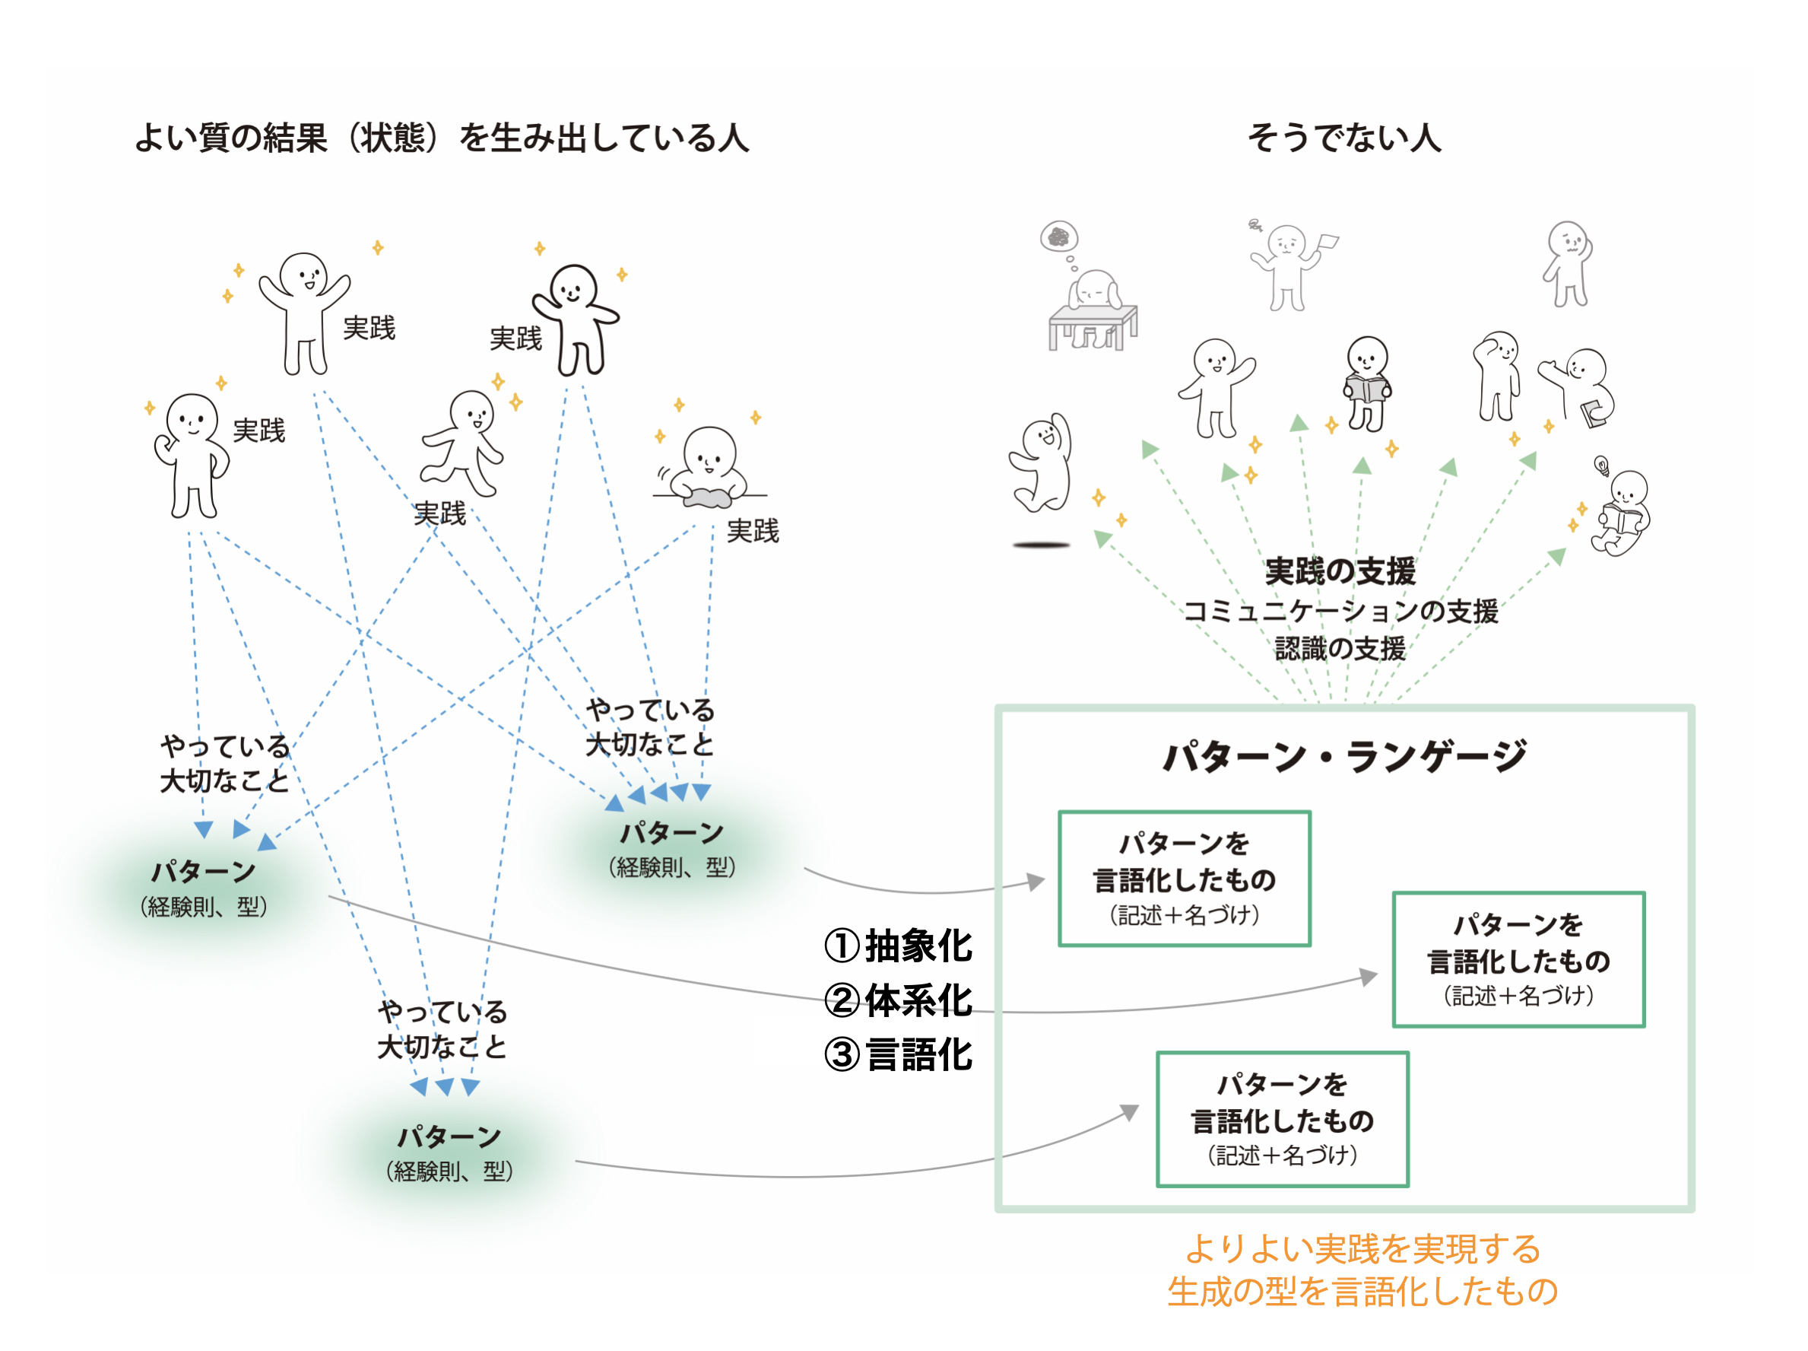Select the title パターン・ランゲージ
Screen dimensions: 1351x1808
(1343, 755)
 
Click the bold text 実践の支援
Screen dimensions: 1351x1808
(1340, 571)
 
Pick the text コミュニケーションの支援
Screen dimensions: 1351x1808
(1340, 611)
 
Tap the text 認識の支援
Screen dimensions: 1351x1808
(1340, 649)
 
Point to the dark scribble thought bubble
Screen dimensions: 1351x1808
(1058, 237)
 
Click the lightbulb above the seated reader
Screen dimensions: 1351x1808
(1601, 466)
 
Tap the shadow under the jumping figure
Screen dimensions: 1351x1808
(1041, 545)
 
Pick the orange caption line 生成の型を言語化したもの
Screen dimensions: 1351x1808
(1362, 1292)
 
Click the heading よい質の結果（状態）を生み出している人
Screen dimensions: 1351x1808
(442, 138)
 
